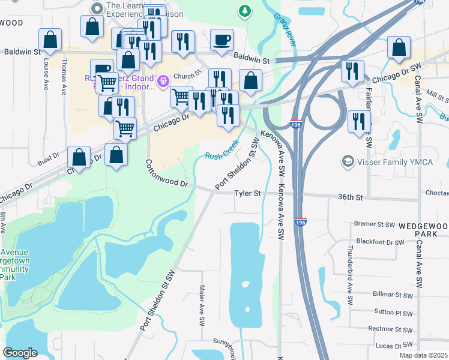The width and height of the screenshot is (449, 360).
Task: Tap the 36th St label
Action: (351, 197)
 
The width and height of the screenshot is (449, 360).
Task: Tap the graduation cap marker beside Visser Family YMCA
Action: (348, 161)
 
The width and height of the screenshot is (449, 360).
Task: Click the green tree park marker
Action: (244, 10)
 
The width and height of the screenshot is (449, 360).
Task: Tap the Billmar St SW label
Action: (392, 295)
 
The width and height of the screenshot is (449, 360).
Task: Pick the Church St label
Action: (186, 76)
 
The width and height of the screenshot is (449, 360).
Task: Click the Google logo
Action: (20, 353)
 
